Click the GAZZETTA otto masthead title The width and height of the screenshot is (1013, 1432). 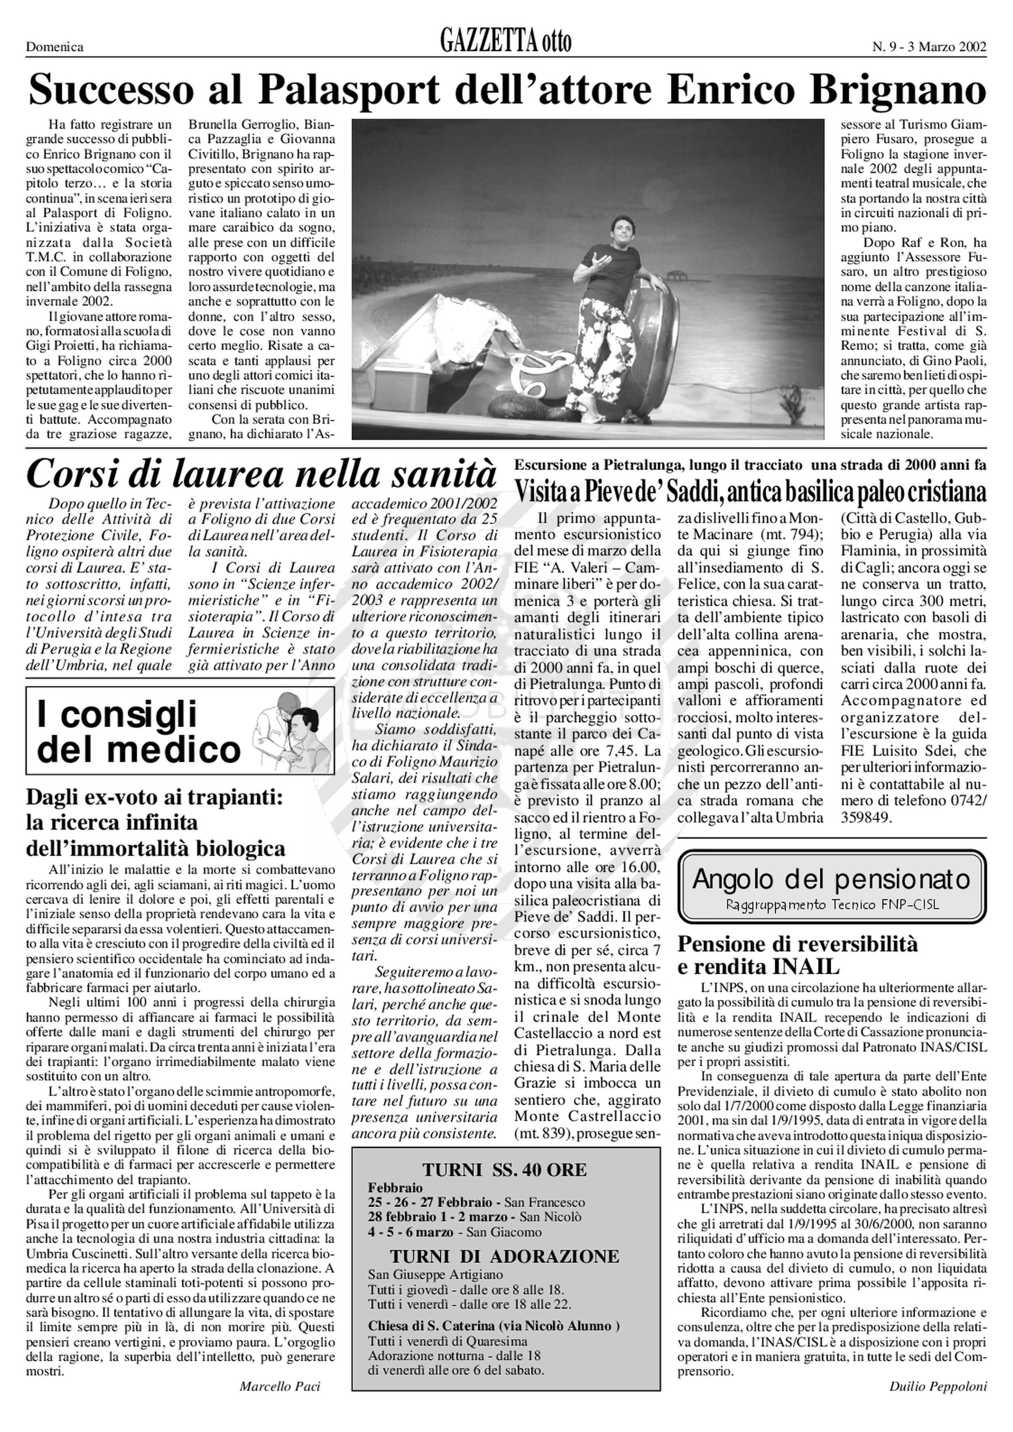505,43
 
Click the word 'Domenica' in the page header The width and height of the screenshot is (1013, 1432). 55,47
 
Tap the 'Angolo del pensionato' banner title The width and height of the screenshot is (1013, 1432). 831,879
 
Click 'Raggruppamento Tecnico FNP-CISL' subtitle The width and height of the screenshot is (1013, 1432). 831,904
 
